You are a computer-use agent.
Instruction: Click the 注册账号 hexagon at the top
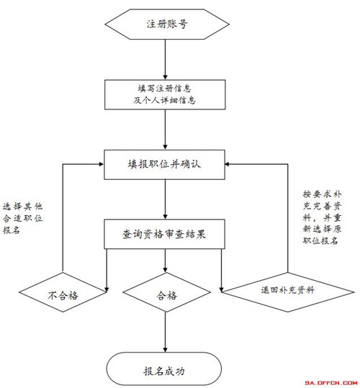[167, 24]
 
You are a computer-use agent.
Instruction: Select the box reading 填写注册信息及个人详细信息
[165, 94]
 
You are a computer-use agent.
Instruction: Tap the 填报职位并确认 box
[164, 165]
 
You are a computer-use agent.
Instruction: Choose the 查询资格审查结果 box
[164, 234]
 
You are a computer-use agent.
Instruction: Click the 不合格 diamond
[63, 292]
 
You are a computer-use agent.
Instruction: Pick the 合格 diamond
[167, 292]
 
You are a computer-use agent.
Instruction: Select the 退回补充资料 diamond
[288, 292]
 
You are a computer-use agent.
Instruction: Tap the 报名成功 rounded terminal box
[163, 371]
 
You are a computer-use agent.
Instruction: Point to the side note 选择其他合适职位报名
[23, 218]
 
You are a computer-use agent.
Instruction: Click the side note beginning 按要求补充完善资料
[322, 217]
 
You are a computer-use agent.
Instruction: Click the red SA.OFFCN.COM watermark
[330, 383]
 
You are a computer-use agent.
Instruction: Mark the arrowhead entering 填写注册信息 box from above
[166, 77]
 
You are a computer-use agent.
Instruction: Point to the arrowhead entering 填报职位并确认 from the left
[101, 164]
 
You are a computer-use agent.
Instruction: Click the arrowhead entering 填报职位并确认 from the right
[228, 164]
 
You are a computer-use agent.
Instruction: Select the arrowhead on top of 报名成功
[166, 349]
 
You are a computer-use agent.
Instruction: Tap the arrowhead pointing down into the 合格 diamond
[166, 269]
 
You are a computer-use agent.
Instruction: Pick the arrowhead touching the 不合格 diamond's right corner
[107, 289]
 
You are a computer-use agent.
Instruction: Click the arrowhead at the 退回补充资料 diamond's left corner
[222, 289]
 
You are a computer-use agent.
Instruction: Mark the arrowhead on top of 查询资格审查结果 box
[166, 217]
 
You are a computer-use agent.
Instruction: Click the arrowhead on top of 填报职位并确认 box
[166, 147]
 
